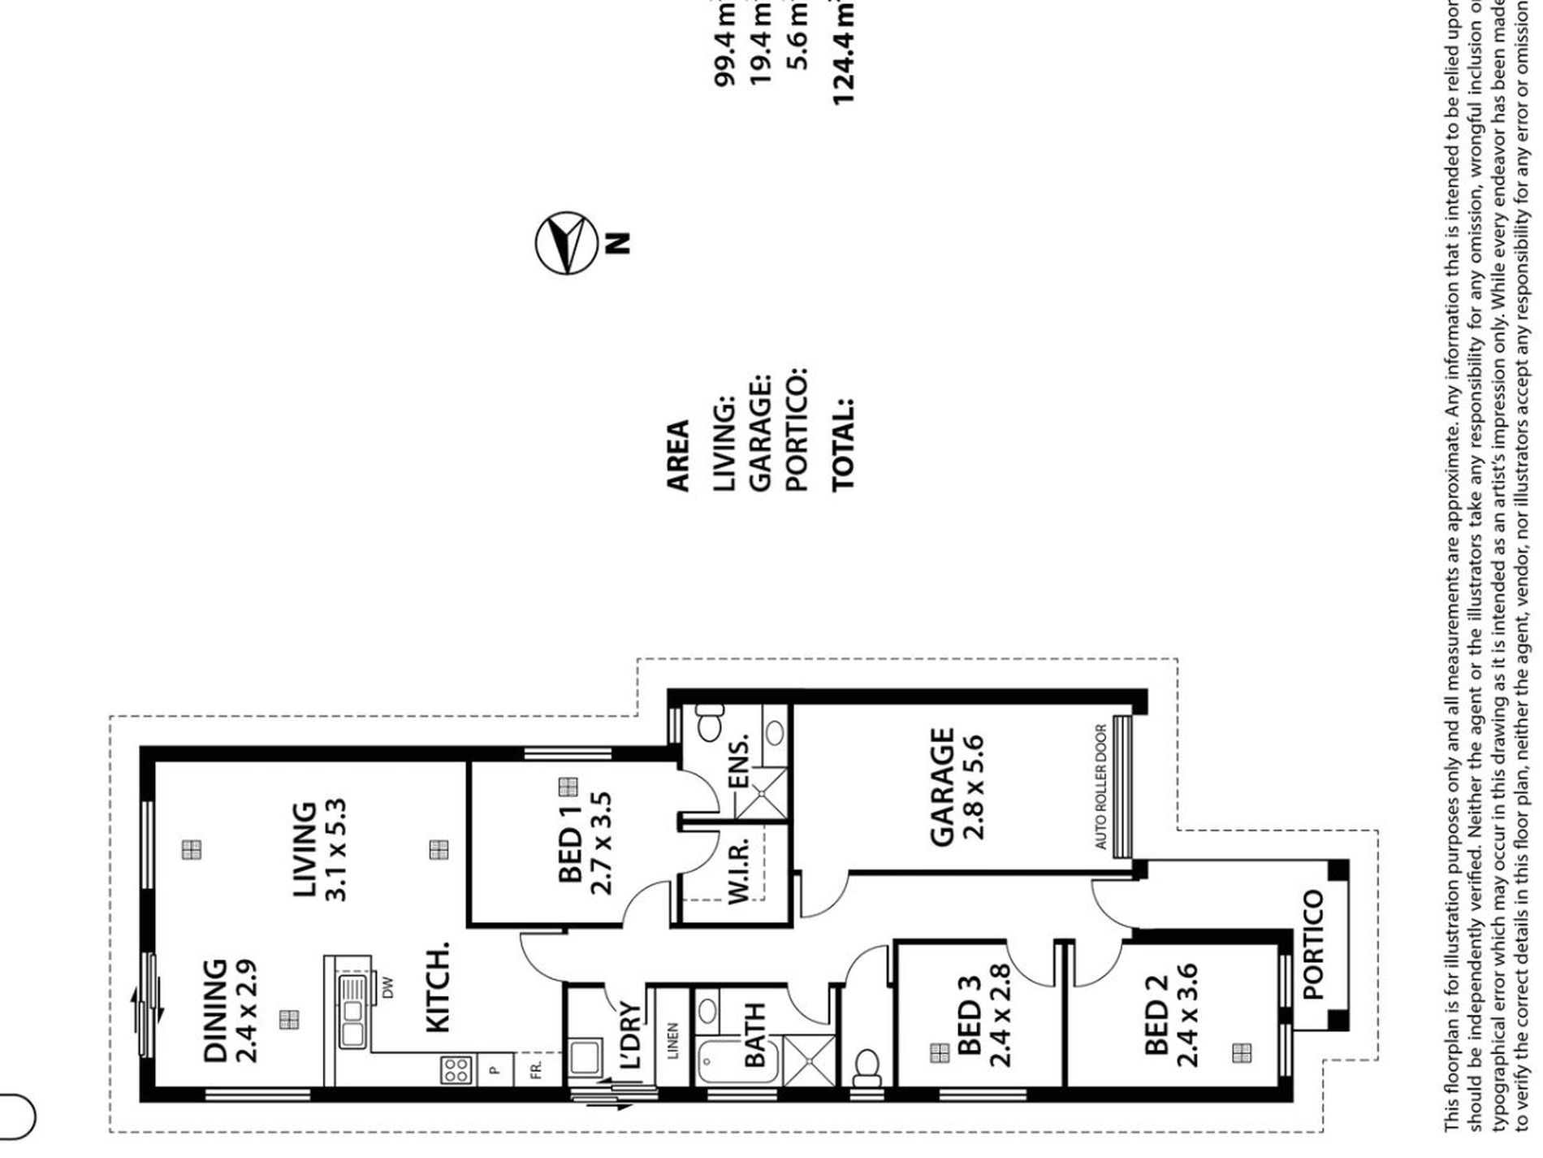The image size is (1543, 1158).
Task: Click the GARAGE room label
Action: [x=941, y=787]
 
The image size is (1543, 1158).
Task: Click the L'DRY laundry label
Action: [x=629, y=1036]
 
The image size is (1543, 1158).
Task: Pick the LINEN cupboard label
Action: [x=673, y=1040]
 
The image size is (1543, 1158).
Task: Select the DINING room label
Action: [x=215, y=1011]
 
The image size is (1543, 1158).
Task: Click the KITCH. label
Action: [x=438, y=987]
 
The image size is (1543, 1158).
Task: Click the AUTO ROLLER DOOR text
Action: [x=1100, y=787]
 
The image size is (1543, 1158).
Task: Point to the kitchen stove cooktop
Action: [x=454, y=1069]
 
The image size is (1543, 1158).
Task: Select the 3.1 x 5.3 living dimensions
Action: [x=335, y=850]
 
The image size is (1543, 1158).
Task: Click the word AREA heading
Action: [x=677, y=455]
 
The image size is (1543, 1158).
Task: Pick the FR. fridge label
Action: [x=536, y=1069]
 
